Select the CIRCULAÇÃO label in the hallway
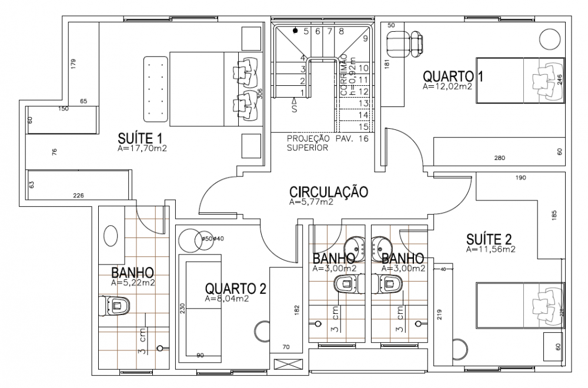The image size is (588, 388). point(329,192)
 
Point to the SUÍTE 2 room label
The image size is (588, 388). point(489,239)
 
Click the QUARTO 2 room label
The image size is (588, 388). point(236,288)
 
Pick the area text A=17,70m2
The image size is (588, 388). point(143,149)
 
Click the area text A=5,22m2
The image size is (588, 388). point(133,283)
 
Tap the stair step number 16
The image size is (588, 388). point(363,138)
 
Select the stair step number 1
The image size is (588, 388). point(302,92)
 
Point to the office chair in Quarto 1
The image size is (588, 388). point(405,44)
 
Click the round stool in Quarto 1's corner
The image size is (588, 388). point(549,40)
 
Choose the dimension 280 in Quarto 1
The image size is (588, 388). point(499,158)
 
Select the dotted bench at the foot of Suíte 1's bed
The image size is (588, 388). point(156,89)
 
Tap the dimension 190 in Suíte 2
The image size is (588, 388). point(520,177)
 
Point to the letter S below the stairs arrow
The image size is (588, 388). point(293,109)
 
